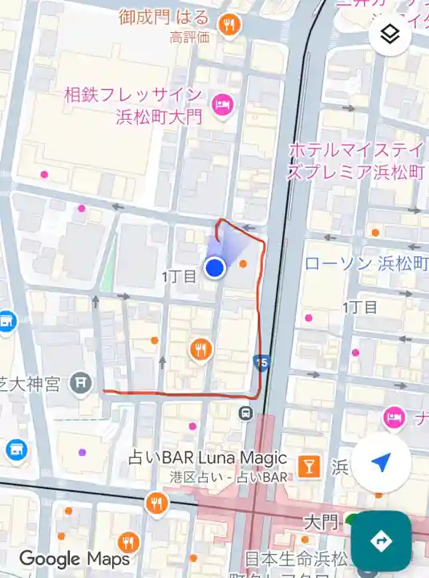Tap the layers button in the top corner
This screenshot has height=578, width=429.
click(x=390, y=35)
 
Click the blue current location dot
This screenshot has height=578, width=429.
click(x=214, y=268)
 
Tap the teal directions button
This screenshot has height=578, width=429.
click(x=381, y=540)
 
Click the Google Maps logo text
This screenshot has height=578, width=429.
click(x=75, y=559)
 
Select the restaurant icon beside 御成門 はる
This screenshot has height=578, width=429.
click(x=229, y=25)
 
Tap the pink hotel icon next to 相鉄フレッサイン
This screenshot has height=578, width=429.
click(x=221, y=104)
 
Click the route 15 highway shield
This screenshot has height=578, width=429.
click(x=260, y=362)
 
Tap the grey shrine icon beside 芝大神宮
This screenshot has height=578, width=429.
click(x=80, y=383)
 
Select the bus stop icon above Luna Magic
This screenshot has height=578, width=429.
click(x=246, y=413)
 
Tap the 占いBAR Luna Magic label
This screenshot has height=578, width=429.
click(x=208, y=458)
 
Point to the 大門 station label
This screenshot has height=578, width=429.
click(x=321, y=522)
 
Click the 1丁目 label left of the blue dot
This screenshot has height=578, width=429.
click(x=179, y=276)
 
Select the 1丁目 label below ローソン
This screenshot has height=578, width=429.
click(x=360, y=307)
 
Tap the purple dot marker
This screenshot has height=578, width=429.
click(x=82, y=452)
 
